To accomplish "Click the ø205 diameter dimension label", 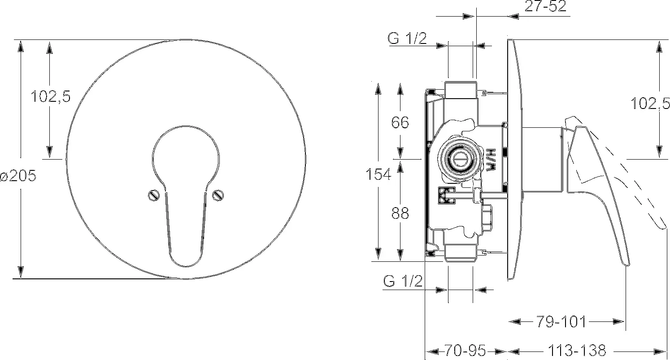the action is coord(18,175).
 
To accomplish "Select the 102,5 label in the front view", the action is coord(51,96).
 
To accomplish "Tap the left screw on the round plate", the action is coord(154,195).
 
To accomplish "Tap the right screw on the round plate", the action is coord(218,195).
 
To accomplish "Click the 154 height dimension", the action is coord(379,174).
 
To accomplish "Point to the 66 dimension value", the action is coord(400,122).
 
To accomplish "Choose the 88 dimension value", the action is coord(400,213).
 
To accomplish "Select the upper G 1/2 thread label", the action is coord(407,38).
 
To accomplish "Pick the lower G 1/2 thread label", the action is coord(403,281).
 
